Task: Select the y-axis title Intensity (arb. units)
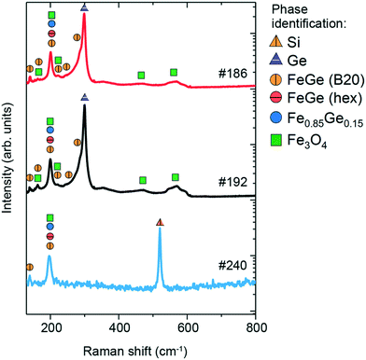point(8,159)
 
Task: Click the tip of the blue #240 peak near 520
point(160,229)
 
